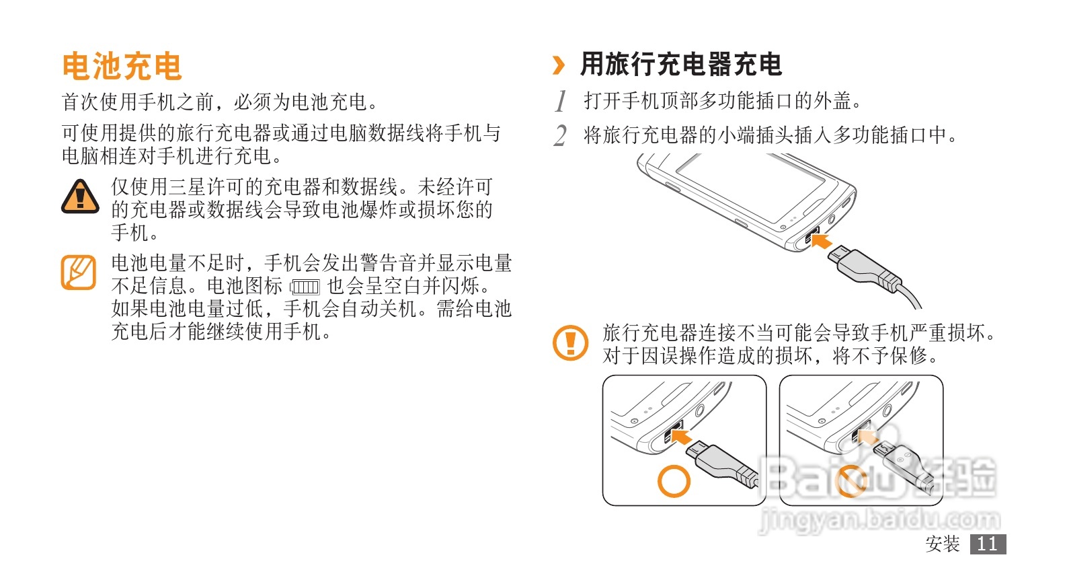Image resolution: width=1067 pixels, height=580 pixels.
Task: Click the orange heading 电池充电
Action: [122, 66]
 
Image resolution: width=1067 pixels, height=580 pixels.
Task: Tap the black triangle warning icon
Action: [80, 196]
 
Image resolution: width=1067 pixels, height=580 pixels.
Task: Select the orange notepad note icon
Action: [79, 272]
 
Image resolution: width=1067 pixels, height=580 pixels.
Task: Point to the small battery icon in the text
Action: [305, 287]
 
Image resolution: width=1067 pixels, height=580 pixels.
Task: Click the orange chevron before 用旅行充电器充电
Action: [558, 65]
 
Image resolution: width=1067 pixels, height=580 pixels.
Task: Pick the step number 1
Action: [561, 101]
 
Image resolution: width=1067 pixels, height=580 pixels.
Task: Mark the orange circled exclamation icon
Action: [570, 342]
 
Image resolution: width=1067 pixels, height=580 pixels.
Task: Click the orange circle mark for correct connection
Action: [674, 481]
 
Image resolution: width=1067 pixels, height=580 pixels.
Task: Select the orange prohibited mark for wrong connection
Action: [851, 481]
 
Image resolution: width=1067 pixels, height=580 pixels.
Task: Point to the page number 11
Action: [988, 544]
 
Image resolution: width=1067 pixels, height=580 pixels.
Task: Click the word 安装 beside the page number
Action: [942, 544]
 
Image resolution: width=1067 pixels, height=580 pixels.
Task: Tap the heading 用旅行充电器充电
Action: [680, 65]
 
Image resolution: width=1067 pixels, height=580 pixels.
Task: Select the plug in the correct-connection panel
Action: [724, 464]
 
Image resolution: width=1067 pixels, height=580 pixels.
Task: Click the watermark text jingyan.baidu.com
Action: [879, 520]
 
